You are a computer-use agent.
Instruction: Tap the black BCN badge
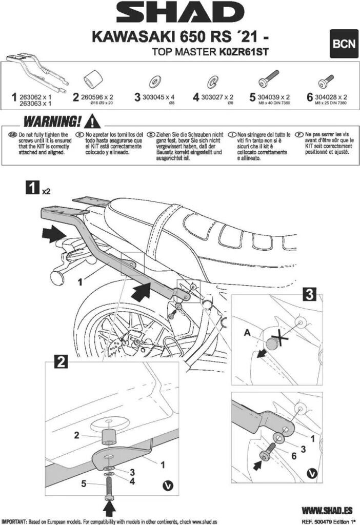pos(343,44)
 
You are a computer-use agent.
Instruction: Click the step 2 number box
pos(61,362)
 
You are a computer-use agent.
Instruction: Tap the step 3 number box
pos(309,295)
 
